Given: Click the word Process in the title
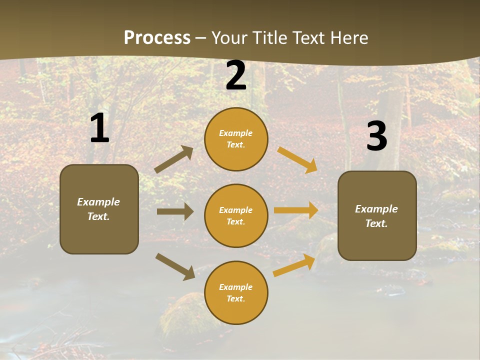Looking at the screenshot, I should point(157,38).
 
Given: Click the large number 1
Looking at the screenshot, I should point(99,128).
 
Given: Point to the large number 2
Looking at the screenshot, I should point(236,76).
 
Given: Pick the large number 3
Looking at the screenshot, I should point(376,136).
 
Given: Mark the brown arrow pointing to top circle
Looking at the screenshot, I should point(174,159).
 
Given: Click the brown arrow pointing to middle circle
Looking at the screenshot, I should point(175,212).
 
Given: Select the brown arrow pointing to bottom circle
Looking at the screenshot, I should point(175,266).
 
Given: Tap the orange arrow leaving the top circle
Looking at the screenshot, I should point(297,159).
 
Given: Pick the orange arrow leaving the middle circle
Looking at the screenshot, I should point(296,210).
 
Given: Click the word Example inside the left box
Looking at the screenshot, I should point(98,202).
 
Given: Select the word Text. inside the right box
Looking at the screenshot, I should point(376,223).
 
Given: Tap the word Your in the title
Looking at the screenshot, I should point(229,38).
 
